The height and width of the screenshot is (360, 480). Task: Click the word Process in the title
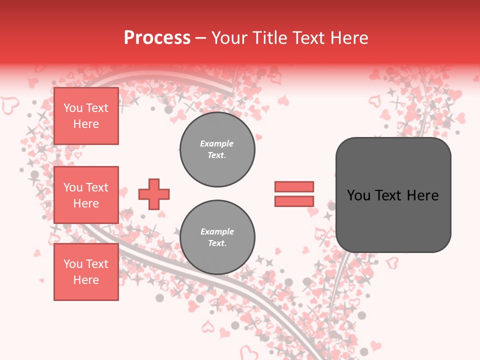point(157,38)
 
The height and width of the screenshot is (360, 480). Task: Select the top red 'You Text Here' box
point(86,116)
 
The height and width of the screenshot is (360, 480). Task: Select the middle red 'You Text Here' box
point(86,195)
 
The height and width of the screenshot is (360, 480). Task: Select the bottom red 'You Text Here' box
point(86,272)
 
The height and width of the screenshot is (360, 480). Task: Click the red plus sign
point(154,194)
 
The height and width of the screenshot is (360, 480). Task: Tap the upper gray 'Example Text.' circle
point(217,149)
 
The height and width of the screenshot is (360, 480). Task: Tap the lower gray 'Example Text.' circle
point(217,237)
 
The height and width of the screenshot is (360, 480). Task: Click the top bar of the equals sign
point(294,186)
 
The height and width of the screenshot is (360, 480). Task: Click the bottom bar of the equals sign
point(294,201)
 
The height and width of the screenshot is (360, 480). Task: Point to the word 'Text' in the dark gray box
point(388,195)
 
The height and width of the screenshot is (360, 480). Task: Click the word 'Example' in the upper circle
point(216,143)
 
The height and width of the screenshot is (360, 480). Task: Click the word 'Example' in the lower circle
point(217,231)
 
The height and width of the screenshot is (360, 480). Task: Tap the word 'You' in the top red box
point(72,108)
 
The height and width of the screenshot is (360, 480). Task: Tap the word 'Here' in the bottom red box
point(86,280)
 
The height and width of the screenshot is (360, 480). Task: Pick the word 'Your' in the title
point(229,38)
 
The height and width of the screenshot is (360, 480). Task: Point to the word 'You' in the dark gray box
point(358,195)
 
